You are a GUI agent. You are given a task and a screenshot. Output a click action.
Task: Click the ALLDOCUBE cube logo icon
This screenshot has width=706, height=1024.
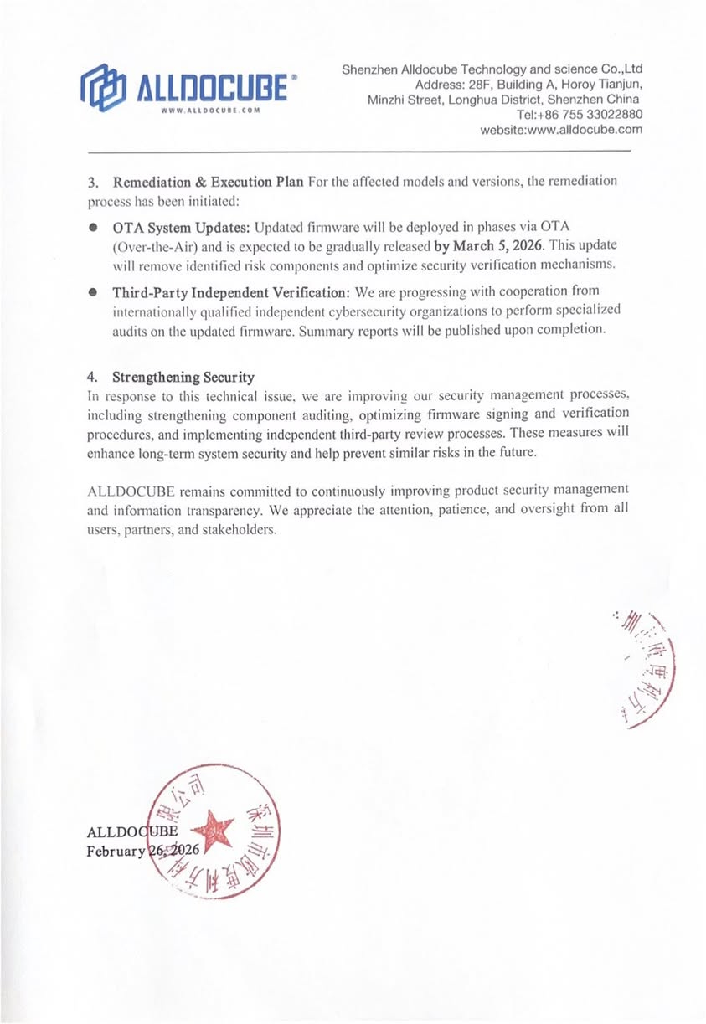pyautogui.click(x=102, y=87)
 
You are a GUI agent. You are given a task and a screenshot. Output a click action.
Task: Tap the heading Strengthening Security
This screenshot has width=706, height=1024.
pyautogui.click(x=183, y=377)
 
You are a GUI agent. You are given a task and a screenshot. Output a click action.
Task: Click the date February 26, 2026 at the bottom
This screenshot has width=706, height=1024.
pyautogui.click(x=143, y=851)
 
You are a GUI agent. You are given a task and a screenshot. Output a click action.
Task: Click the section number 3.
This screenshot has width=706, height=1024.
pyautogui.click(x=93, y=182)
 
